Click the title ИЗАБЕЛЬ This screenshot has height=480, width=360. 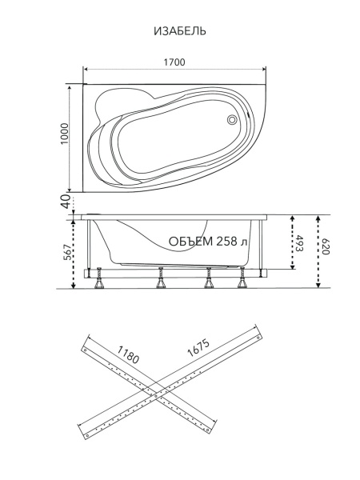tap(180, 31)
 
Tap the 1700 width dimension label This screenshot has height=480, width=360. tap(174, 62)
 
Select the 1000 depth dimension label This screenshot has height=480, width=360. tap(64, 134)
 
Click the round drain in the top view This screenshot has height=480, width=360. tap(232, 119)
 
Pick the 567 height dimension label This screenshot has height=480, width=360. tap(69, 252)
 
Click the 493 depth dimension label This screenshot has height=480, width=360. tap(299, 244)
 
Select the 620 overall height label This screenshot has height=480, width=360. tap(325, 247)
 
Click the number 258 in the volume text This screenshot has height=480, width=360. tap(226, 242)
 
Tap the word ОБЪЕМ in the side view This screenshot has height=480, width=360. tap(190, 242)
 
